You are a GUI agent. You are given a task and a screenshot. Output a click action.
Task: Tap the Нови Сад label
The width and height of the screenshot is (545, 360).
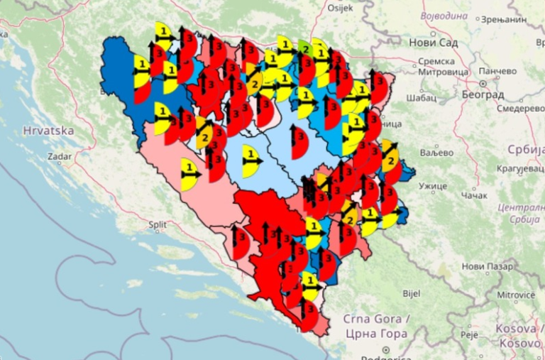coord(434,43)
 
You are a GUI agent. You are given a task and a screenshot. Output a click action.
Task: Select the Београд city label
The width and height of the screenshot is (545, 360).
coord(485,94)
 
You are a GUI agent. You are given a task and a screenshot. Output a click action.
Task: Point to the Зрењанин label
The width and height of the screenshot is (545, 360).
coord(504,20)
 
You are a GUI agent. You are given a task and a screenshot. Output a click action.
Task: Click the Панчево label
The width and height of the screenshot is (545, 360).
coord(497,71)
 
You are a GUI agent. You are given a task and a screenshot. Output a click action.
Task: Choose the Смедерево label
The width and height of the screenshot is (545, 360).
coord(520,109)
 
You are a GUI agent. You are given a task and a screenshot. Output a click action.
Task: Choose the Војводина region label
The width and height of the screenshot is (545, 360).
coord(444,14)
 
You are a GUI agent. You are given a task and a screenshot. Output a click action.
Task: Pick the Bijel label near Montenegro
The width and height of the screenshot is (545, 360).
coord(411,293)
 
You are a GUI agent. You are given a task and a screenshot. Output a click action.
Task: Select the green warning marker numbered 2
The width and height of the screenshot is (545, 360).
coord(305,49)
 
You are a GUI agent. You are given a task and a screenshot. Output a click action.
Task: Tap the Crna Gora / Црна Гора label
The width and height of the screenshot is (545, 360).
coord(375,326)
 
